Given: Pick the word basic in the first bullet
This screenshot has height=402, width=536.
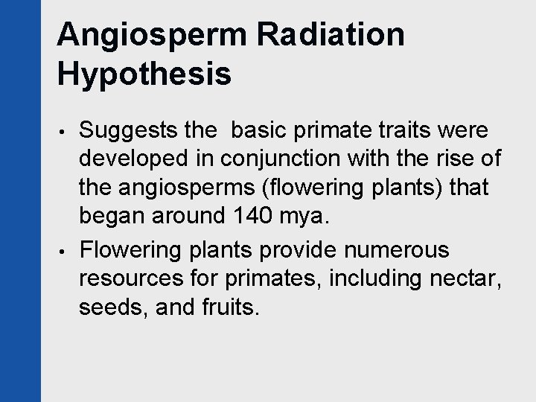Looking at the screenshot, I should (x=258, y=131).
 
